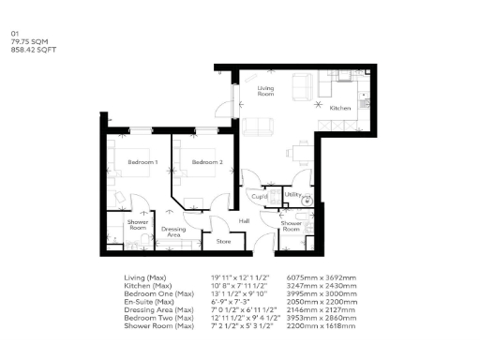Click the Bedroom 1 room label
click(x=142, y=163)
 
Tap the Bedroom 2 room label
click(x=206, y=163)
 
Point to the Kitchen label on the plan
click(x=339, y=109)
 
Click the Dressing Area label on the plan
click(x=173, y=231)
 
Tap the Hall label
click(x=244, y=220)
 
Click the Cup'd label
click(x=260, y=196)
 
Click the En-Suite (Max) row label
click(x=149, y=302)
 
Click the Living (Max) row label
click(x=144, y=278)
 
